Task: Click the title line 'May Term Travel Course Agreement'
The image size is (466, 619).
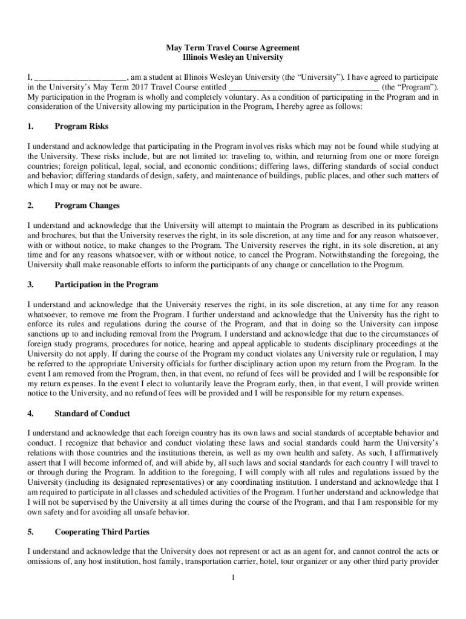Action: point(233,48)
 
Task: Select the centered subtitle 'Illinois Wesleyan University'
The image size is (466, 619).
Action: point(233,57)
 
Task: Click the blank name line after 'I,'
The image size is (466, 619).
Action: point(80,78)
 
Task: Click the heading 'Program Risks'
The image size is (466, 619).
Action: point(82,126)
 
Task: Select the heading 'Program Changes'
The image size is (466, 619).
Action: point(87,206)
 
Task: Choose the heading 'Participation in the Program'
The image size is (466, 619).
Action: point(106,284)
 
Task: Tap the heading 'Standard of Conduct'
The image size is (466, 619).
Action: point(92,413)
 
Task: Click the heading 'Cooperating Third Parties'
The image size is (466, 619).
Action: point(102,533)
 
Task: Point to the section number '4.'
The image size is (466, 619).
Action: point(31,413)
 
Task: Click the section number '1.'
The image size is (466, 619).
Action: point(31,126)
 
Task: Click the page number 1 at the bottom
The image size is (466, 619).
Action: point(233,578)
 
